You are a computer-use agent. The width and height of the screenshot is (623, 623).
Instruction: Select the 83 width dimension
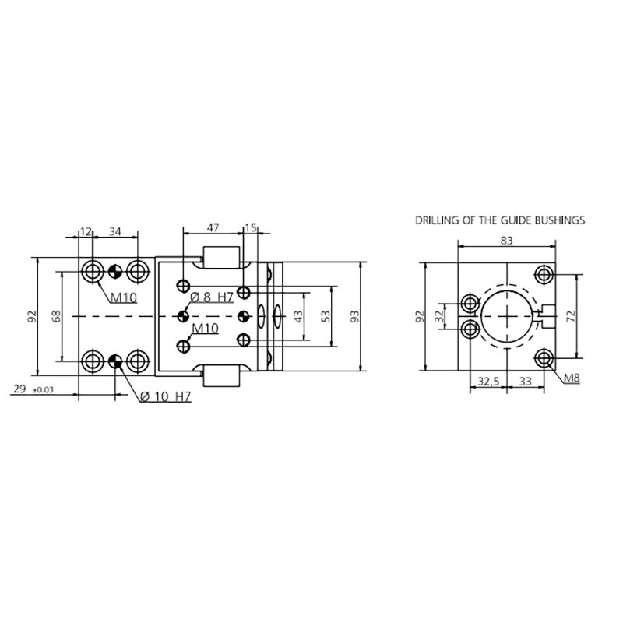507,241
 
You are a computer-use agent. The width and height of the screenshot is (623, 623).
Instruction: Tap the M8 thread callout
572,378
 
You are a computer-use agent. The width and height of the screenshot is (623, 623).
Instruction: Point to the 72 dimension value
571,316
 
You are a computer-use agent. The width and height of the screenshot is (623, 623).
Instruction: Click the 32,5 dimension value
488,382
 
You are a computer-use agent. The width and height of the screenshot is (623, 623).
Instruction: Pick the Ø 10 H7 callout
166,396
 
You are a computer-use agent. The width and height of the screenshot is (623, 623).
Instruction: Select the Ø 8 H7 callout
212,297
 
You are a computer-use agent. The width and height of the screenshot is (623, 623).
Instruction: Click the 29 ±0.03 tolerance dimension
33,389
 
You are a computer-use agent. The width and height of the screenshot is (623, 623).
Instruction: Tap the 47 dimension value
213,227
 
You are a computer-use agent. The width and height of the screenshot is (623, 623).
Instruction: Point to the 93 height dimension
355,316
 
